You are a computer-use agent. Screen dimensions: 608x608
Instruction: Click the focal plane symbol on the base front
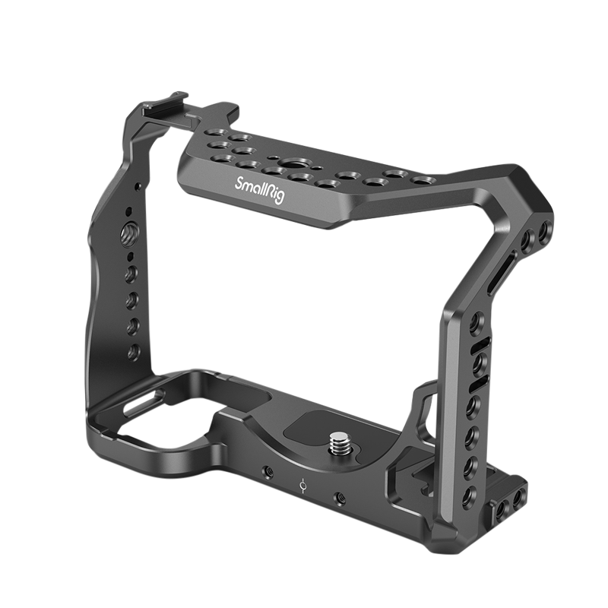point(303,483)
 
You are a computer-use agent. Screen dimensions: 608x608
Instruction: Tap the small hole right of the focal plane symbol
point(338,498)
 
